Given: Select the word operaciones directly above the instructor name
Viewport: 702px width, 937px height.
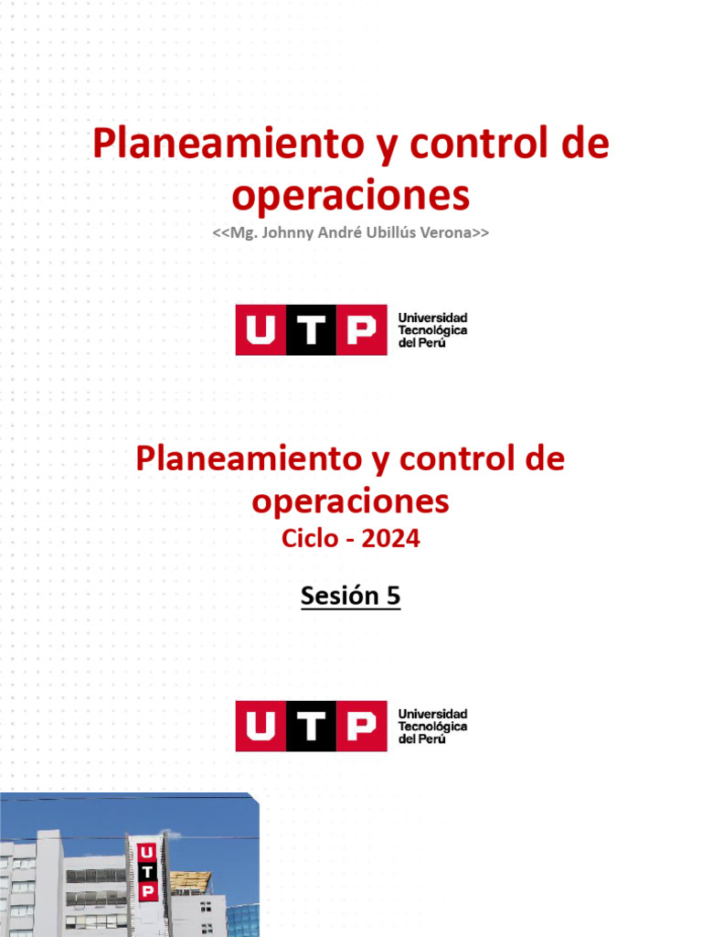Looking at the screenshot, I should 351,195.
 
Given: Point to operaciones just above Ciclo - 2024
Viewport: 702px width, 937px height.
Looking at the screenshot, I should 351,501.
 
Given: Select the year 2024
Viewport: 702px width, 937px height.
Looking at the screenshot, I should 390,539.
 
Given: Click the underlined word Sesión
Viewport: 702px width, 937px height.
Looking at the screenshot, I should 339,597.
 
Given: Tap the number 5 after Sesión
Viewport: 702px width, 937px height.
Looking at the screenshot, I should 393,597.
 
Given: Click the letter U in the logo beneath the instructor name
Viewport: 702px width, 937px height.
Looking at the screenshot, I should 261,329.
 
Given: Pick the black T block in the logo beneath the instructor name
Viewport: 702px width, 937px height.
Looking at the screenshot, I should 311,329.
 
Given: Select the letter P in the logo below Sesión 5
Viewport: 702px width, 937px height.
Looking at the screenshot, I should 361,727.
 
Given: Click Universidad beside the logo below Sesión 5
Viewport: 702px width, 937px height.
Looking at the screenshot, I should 432,714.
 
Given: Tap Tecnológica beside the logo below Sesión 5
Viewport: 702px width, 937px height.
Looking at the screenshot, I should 432,727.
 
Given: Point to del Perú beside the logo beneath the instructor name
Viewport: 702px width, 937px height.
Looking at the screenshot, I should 422,342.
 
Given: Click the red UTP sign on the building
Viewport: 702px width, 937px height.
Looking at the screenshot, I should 146,873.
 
